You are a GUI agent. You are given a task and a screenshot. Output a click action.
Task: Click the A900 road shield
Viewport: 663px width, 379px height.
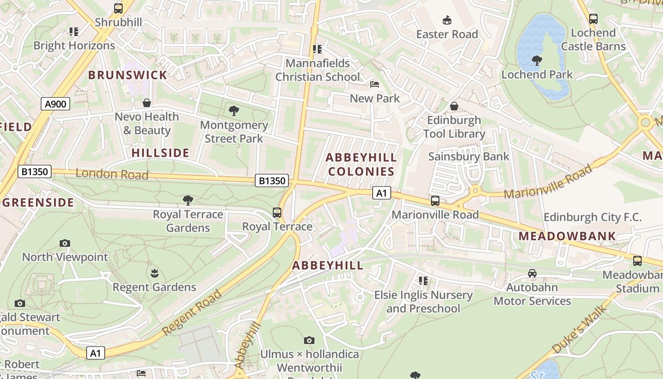(55, 104)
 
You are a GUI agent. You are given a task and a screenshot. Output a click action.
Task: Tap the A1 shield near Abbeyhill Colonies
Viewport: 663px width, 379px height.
(381, 193)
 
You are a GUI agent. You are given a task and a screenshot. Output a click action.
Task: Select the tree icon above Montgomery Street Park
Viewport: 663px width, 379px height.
(233, 111)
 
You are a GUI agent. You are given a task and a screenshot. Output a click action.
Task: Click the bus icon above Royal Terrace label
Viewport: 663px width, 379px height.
(277, 213)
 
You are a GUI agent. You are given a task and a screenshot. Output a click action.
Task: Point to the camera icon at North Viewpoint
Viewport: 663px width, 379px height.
(65, 244)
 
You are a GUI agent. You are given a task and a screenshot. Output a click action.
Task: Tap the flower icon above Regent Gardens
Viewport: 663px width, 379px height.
(154, 273)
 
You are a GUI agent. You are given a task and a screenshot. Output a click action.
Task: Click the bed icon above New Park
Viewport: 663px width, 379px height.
(374, 85)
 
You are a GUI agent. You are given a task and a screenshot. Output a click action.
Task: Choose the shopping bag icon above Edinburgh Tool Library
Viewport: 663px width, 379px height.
(454, 106)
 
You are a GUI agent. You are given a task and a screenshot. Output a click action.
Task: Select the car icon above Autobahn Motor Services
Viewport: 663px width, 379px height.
(532, 273)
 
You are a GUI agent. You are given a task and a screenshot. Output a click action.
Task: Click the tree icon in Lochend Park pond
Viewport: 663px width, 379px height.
(537, 60)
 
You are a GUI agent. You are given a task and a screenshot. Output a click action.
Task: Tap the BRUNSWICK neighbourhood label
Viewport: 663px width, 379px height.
(127, 75)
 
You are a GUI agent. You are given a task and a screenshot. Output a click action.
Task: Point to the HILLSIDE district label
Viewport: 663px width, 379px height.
(160, 153)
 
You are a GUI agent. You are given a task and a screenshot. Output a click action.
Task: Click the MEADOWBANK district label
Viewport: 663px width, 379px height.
(567, 236)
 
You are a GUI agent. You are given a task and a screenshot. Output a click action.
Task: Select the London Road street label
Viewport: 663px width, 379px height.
(112, 174)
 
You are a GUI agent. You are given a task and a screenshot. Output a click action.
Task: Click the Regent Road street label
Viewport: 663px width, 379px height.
(192, 313)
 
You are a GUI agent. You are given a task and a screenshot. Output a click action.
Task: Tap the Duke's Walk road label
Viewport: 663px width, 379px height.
(579, 330)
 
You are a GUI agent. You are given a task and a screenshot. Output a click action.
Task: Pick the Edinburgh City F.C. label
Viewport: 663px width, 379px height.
(592, 217)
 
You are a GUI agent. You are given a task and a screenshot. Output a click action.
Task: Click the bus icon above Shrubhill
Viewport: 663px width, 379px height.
(118, 9)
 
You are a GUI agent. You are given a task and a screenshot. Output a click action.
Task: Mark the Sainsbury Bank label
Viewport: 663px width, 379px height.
(468, 156)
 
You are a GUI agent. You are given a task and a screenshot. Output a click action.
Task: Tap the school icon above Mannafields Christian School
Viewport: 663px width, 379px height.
(317, 49)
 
